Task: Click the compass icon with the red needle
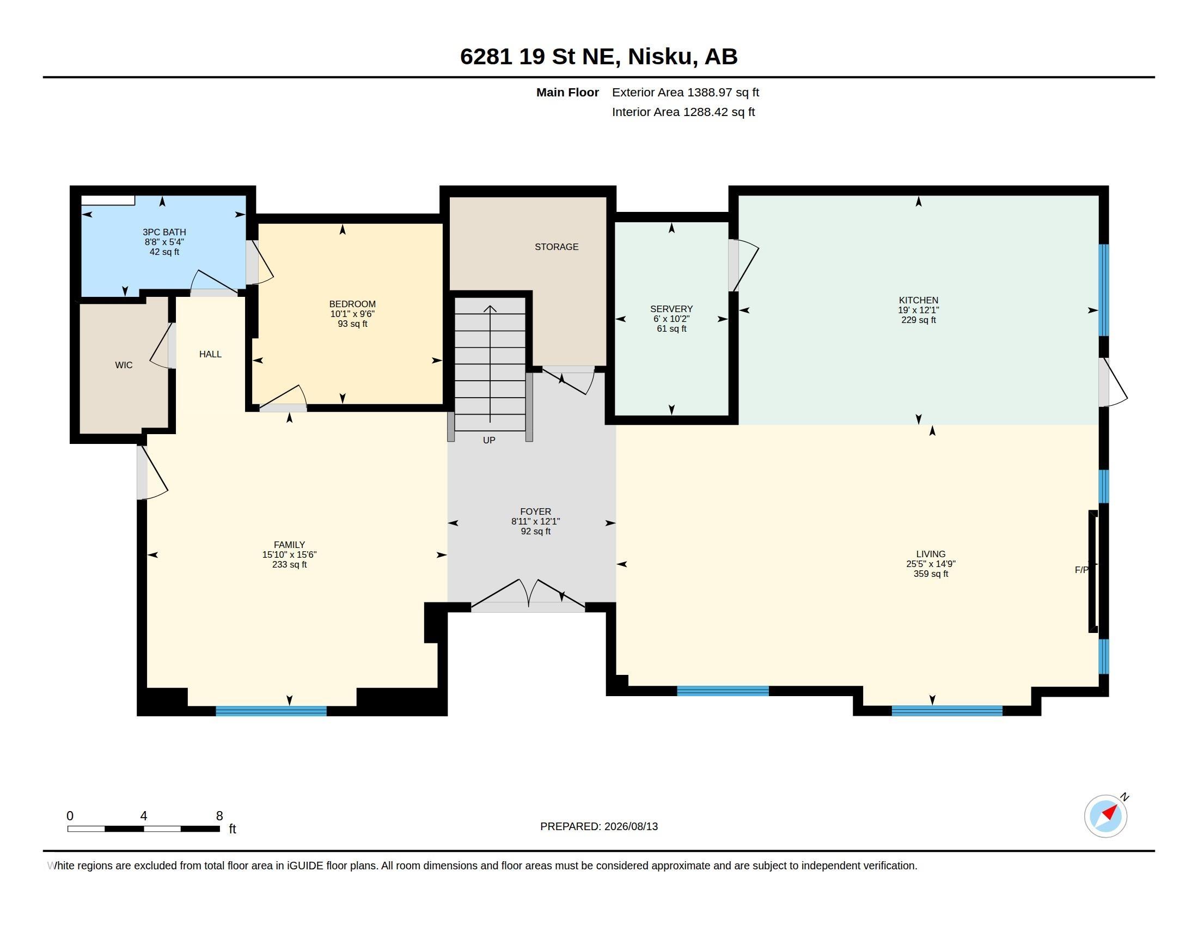pos(1105,816)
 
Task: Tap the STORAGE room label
pos(556,247)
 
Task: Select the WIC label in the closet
pos(124,365)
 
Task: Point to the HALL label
pos(210,355)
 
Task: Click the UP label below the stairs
pos(489,440)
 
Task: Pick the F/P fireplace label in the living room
pos(1081,570)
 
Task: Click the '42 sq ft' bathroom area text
pos(164,252)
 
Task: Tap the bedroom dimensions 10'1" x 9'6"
pos(352,314)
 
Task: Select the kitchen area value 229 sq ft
pos(918,320)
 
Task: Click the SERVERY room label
pos(671,309)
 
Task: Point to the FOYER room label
pos(535,511)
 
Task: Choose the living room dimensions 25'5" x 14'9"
pos(930,564)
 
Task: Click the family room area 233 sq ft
pos(289,564)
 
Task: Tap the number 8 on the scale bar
pos(219,816)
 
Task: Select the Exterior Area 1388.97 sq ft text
pos(685,92)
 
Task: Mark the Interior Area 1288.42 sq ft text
pos(683,112)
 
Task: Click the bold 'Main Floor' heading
pos(567,92)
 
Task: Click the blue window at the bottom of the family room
pos(271,711)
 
